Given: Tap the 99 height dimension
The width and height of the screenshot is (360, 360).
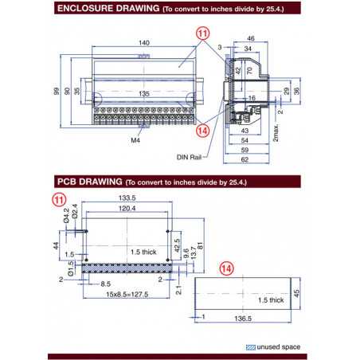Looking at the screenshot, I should [56, 92].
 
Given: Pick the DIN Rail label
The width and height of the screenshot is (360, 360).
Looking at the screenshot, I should [187, 157].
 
